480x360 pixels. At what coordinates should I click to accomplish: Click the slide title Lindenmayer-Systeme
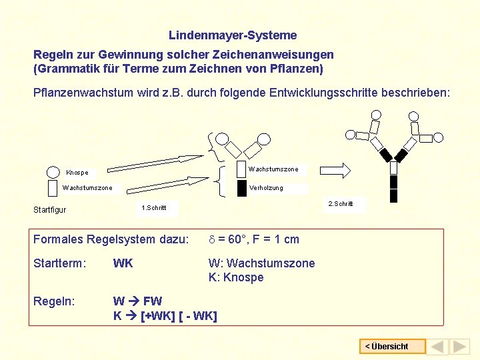[x=233, y=35]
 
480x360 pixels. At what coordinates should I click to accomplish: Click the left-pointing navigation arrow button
[x=437, y=347]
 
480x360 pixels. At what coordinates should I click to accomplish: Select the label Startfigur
[x=50, y=210]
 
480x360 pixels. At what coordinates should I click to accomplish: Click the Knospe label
[x=77, y=173]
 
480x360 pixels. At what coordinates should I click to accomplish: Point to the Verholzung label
[x=266, y=188]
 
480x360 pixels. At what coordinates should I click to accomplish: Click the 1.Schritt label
[x=154, y=208]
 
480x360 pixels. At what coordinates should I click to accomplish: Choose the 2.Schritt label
[x=340, y=203]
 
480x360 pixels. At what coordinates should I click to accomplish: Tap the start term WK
[x=123, y=263]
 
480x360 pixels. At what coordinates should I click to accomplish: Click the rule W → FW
[x=137, y=301]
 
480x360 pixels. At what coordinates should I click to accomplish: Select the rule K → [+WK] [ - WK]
[x=165, y=315]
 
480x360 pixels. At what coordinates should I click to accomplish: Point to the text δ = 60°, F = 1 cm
[x=253, y=239]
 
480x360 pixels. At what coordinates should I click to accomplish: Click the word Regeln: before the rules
[x=55, y=301]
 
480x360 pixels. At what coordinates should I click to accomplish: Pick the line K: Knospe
[x=236, y=277]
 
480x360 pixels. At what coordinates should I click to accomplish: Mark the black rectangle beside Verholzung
[x=241, y=189]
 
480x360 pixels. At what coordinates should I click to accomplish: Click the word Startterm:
[x=60, y=263]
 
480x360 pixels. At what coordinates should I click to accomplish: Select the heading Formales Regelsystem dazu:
[x=111, y=239]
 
